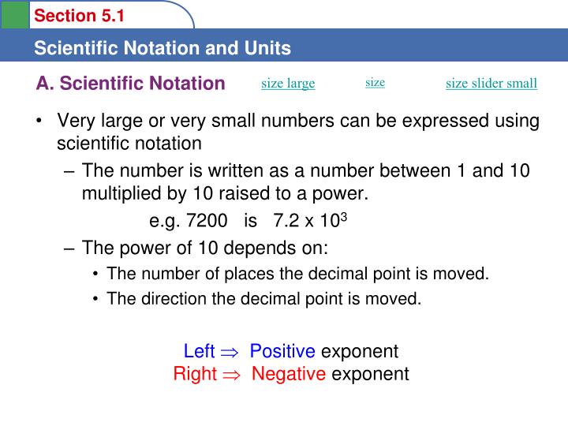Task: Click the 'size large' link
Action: (288, 84)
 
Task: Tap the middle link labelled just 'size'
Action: (375, 82)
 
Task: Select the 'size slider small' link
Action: (491, 84)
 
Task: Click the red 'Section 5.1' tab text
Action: (80, 16)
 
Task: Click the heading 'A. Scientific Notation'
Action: (130, 84)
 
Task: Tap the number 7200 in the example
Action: (197, 221)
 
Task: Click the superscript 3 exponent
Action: (345, 217)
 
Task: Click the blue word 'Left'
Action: (199, 351)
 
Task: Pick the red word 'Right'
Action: (194, 373)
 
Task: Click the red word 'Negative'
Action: (289, 373)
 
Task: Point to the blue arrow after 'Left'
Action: (229, 352)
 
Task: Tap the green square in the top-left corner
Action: (14, 13)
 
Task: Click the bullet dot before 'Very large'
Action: (39, 121)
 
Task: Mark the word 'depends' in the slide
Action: (247, 248)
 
